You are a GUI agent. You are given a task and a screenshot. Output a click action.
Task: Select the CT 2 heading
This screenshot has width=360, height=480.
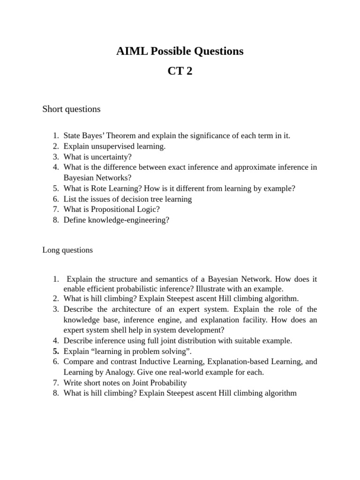tap(180, 72)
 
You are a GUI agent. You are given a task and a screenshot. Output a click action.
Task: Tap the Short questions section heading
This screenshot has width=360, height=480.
tap(71, 109)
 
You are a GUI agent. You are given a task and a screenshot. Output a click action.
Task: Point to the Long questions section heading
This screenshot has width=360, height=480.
tap(67, 250)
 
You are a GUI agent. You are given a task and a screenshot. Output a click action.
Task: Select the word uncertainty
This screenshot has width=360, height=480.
tap(112, 157)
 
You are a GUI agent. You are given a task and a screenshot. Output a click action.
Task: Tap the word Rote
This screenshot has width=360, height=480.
tap(102, 188)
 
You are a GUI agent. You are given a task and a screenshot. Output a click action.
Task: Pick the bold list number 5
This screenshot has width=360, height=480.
tap(56, 351)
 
